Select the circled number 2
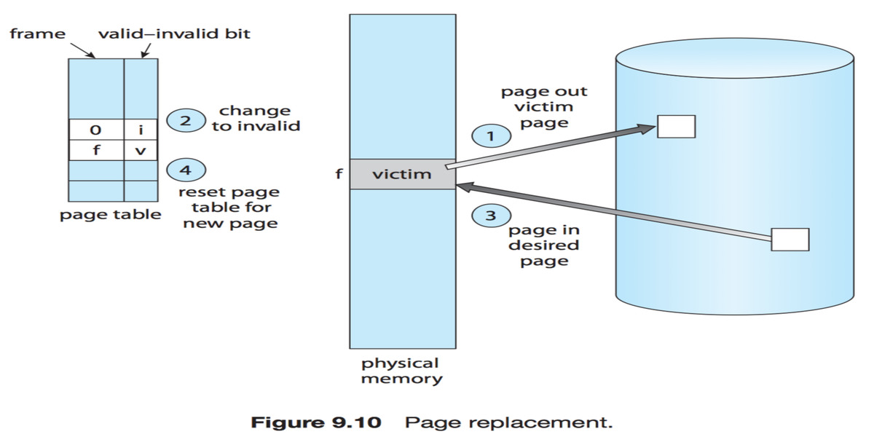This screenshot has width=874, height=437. (186, 121)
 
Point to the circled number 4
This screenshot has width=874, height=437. (186, 171)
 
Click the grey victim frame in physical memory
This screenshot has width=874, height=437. (402, 175)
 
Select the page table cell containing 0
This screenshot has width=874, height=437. (96, 130)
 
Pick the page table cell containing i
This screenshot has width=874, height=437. (141, 130)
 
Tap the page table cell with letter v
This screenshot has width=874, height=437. (141, 151)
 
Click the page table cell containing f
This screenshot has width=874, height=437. (96, 151)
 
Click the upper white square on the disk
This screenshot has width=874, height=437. (676, 126)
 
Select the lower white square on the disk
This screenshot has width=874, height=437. (790, 239)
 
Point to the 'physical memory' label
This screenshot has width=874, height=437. (401, 371)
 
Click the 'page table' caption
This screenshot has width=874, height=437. (110, 215)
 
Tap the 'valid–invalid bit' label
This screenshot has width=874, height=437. (174, 34)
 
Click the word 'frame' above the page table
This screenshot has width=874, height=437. (37, 34)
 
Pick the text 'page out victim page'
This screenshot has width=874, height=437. (544, 107)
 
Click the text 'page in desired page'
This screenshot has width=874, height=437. (544, 245)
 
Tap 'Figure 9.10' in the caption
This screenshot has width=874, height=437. (316, 422)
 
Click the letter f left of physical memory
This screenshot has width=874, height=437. (339, 175)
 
